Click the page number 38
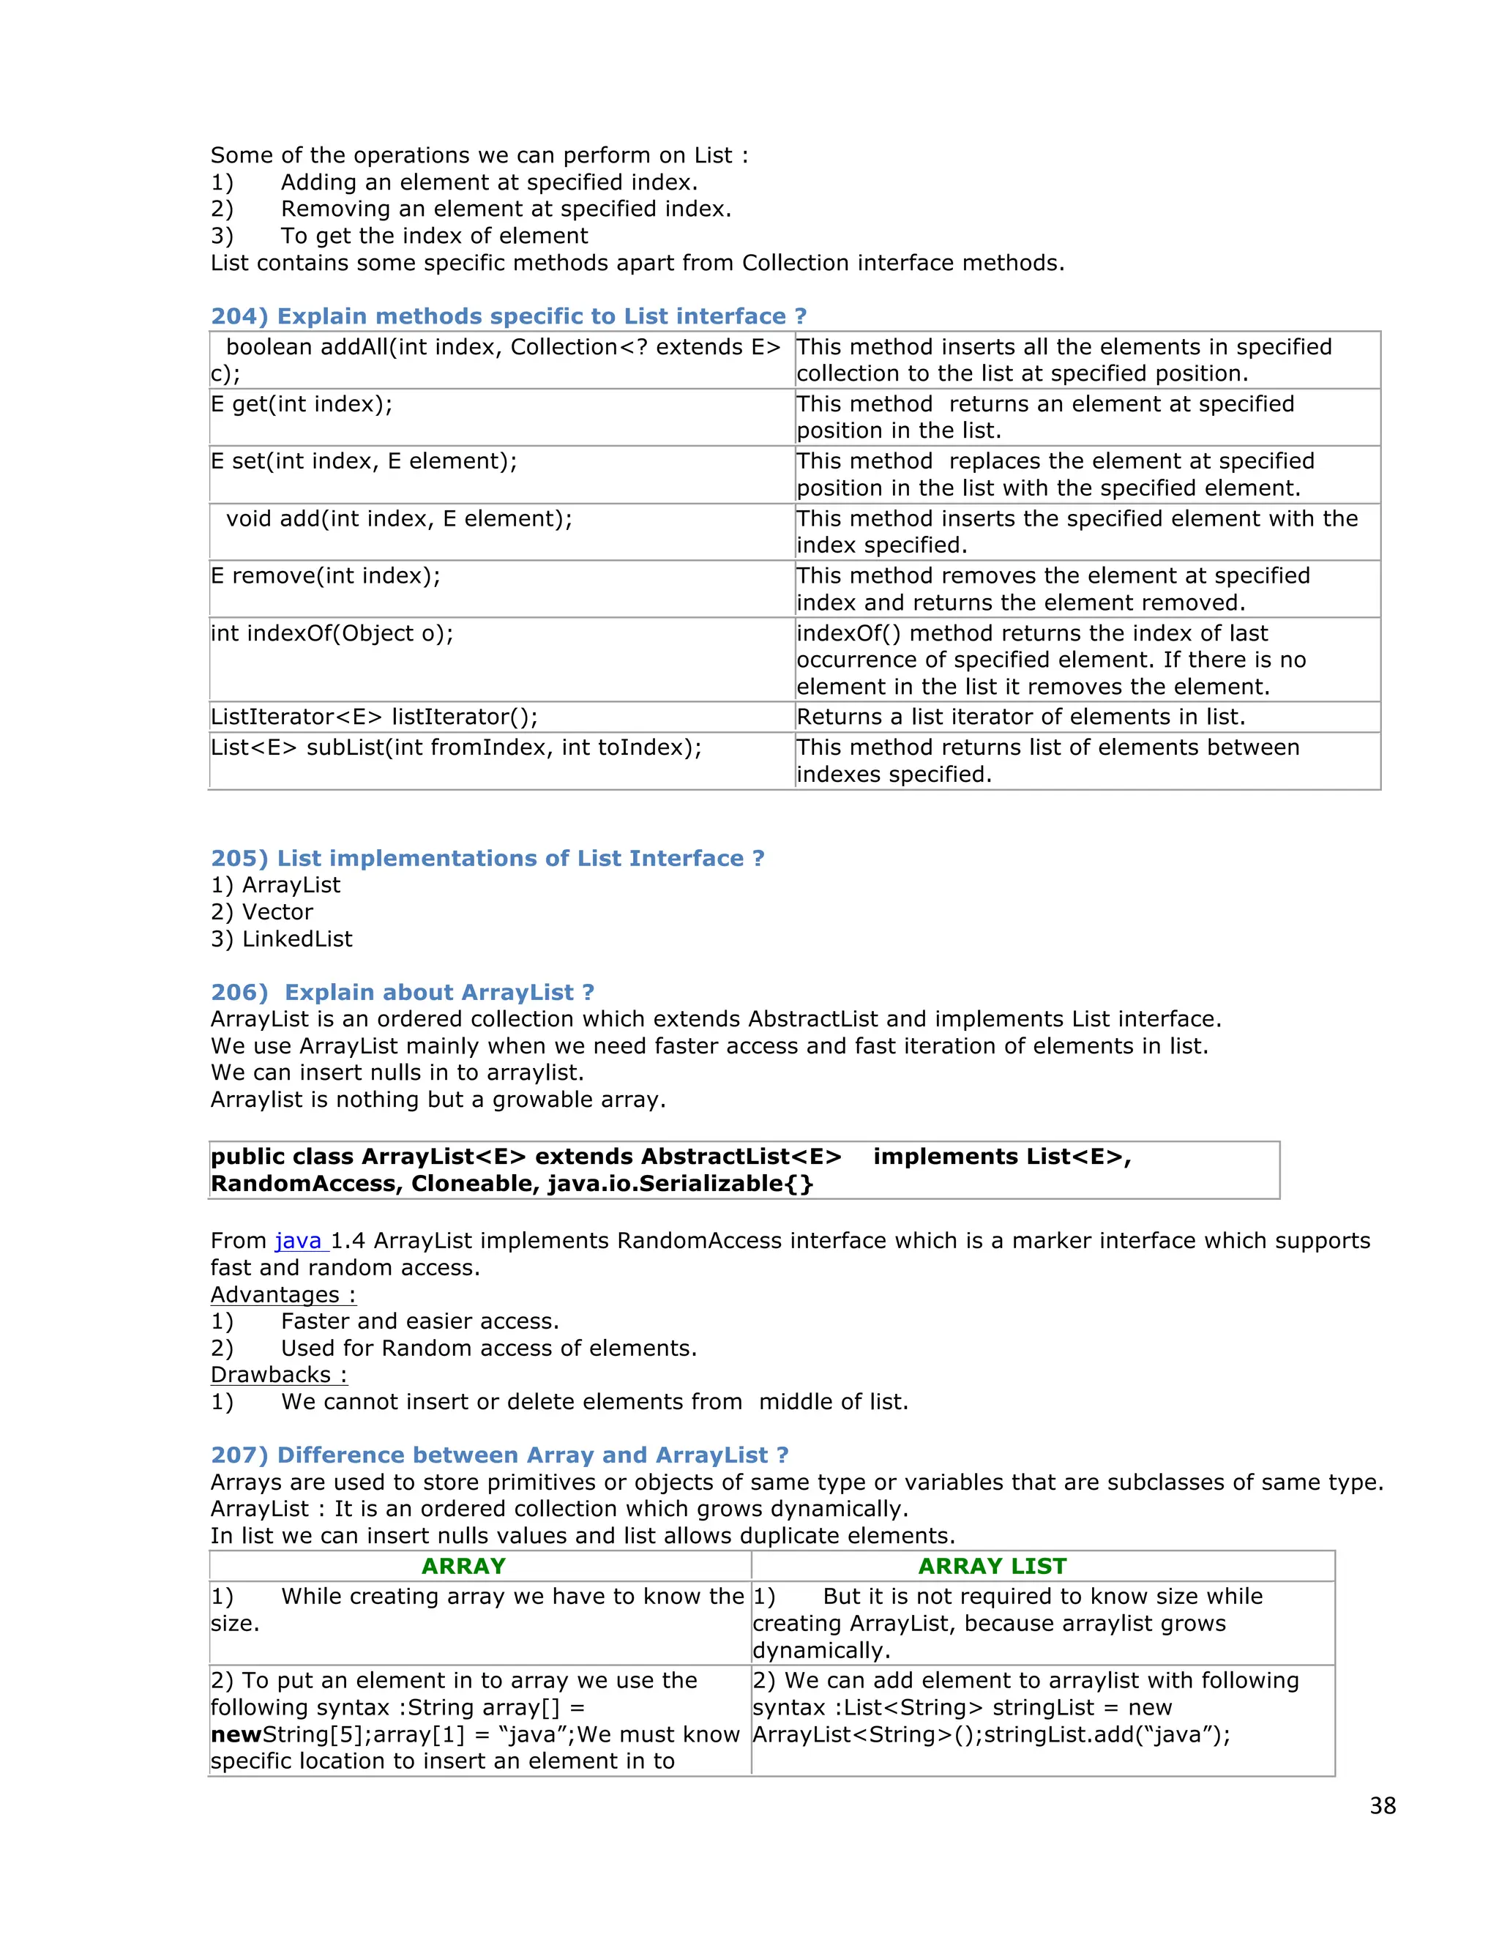tap(1382, 1806)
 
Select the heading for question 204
tap(508, 316)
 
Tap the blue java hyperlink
tap(299, 1241)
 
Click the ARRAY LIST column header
tap(992, 1566)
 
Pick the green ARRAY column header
tap(463, 1566)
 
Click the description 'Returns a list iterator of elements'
tap(1020, 717)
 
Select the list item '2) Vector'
tap(262, 912)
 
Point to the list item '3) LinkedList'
tap(282, 939)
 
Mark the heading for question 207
tap(499, 1455)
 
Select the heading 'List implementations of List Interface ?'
tap(487, 858)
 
